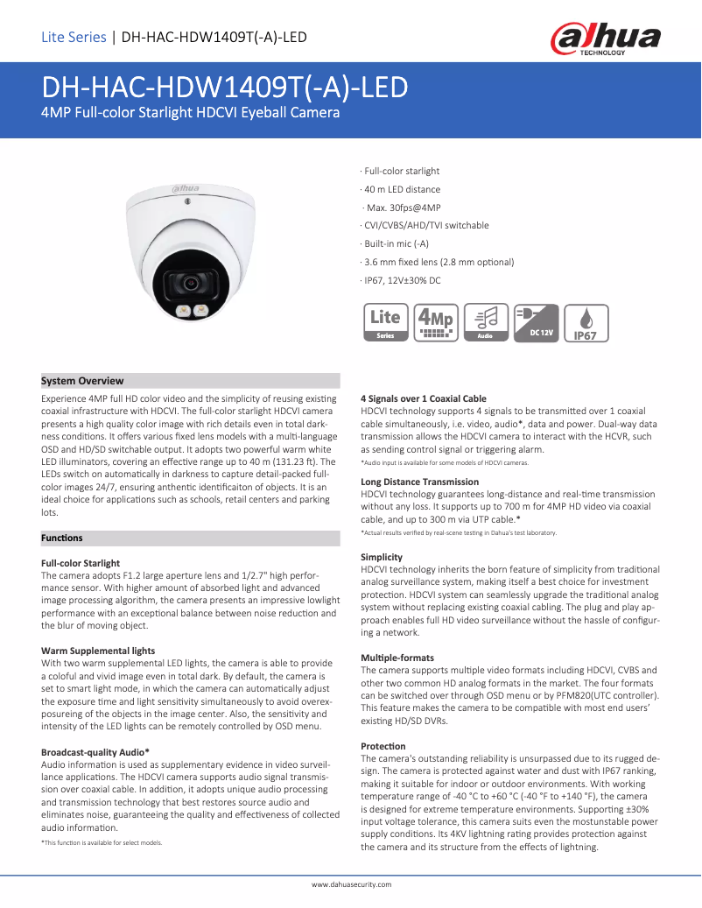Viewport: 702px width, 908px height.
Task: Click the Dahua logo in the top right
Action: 605,39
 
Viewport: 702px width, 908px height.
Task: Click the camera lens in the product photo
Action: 190,282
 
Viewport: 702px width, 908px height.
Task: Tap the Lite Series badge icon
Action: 385,322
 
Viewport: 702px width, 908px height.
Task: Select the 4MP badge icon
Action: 436,322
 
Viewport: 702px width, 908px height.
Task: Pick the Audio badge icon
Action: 486,322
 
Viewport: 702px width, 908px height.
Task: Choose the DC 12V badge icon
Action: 536,322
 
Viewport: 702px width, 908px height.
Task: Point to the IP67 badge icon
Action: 586,322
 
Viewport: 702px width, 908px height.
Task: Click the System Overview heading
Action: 83,381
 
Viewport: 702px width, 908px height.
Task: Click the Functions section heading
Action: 62,538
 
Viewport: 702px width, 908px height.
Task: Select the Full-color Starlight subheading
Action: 81,563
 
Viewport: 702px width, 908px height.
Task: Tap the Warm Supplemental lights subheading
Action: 98,651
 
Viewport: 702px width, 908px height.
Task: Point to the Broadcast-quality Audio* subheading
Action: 95,751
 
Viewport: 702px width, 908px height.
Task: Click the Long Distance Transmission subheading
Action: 419,482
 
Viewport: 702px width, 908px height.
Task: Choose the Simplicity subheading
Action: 382,557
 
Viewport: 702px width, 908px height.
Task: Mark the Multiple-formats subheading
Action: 397,658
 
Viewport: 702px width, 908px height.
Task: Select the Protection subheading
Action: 383,746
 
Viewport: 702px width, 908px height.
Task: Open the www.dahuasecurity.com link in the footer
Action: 351,885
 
